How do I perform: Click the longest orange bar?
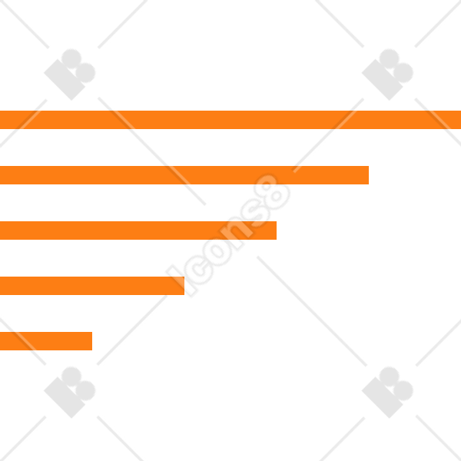tap(230, 120)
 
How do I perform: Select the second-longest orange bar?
tap(184, 175)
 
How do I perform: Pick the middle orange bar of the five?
tap(138, 230)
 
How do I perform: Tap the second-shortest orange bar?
tap(92, 286)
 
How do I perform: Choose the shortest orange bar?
tap(46, 341)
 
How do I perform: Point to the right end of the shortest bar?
tap(92, 341)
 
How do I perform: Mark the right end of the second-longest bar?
tap(369, 175)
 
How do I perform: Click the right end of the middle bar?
tap(277, 230)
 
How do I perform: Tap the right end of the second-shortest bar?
tap(184, 286)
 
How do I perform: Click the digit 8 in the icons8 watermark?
tap(272, 191)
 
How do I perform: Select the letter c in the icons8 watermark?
tap(199, 270)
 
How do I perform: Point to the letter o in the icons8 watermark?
tap(217, 252)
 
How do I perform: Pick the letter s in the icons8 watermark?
tap(254, 214)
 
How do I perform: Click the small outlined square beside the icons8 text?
tap(181, 280)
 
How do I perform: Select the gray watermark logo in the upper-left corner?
tap(70, 75)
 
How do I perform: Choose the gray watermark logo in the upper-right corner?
tap(387, 75)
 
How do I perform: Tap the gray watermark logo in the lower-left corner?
tap(70, 392)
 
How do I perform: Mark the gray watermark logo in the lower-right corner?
tap(387, 392)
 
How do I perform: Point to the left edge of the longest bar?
tap(0, 120)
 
